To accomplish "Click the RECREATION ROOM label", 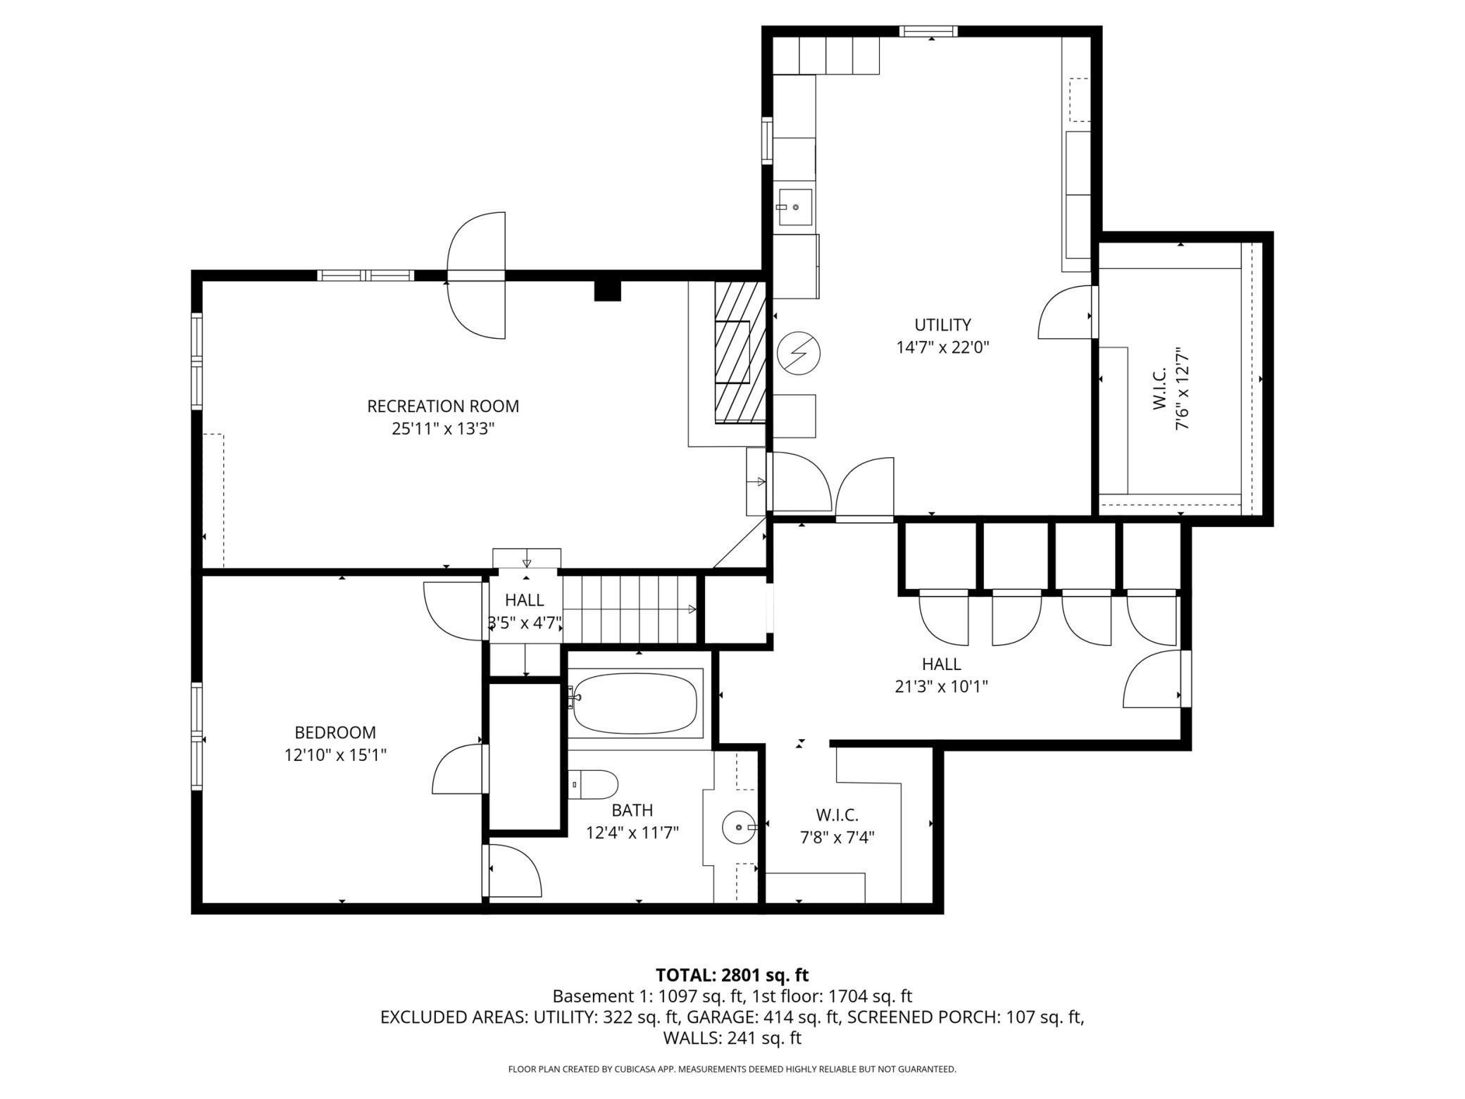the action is (x=443, y=406).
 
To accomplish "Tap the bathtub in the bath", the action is (x=635, y=703).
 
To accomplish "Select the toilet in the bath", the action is (x=593, y=784).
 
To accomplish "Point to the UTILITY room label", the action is (x=942, y=325).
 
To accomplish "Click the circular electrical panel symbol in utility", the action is (x=799, y=352).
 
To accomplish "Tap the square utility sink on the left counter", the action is (x=796, y=208).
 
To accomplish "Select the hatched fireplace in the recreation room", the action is (x=740, y=352).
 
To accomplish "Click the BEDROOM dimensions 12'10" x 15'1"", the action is (x=335, y=755).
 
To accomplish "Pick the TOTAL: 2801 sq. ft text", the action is (x=732, y=975).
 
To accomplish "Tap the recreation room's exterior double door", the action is (x=477, y=275).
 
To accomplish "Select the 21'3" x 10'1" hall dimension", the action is (x=941, y=686).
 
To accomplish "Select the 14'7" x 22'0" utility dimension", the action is (x=942, y=347).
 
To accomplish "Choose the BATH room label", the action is (x=632, y=810).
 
